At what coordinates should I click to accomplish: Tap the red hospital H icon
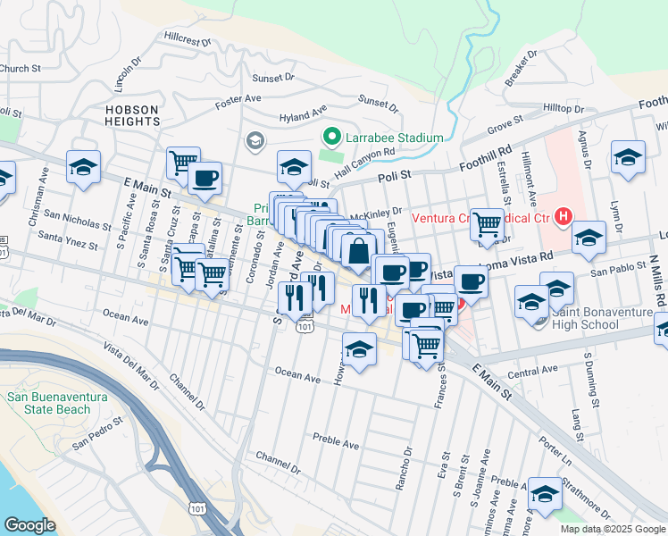563,215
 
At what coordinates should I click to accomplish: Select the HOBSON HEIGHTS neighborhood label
131,117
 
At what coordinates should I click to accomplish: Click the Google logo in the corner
29,524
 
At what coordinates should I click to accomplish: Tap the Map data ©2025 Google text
612,529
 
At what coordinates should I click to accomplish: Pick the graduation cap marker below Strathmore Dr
545,492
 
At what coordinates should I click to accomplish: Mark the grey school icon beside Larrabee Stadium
255,140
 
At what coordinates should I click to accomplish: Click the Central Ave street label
539,371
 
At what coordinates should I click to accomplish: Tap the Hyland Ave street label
303,116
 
